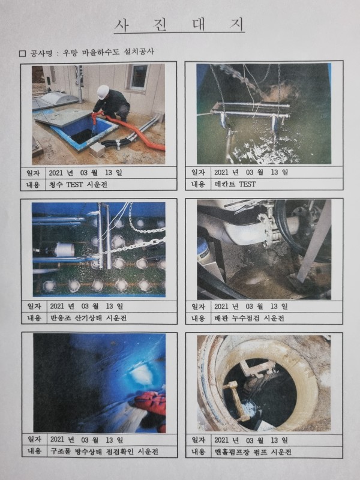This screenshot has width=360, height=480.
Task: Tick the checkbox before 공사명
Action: tap(22, 53)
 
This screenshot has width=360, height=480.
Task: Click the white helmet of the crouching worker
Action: tap(103, 92)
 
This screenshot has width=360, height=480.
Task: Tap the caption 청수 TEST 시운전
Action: tap(78, 184)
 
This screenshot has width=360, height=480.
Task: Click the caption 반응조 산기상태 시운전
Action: tap(88, 318)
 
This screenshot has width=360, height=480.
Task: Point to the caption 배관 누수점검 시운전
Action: tap(249, 318)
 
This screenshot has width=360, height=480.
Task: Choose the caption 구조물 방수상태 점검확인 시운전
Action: tap(104, 452)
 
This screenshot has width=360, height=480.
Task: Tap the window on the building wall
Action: tap(138, 77)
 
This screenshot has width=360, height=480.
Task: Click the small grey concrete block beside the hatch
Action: tap(97, 149)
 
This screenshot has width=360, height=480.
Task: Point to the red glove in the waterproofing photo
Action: tap(151, 403)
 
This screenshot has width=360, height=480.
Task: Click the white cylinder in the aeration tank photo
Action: tap(65, 250)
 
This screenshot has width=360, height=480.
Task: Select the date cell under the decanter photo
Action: tap(251, 172)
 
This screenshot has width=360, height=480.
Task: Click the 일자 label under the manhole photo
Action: tap(199, 440)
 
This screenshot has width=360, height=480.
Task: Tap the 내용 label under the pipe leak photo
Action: tap(199, 318)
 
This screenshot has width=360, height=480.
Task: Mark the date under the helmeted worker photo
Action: tap(85, 172)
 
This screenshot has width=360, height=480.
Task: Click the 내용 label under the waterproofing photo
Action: tap(34, 451)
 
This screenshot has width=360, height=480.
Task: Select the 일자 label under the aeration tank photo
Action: tap(34, 306)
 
